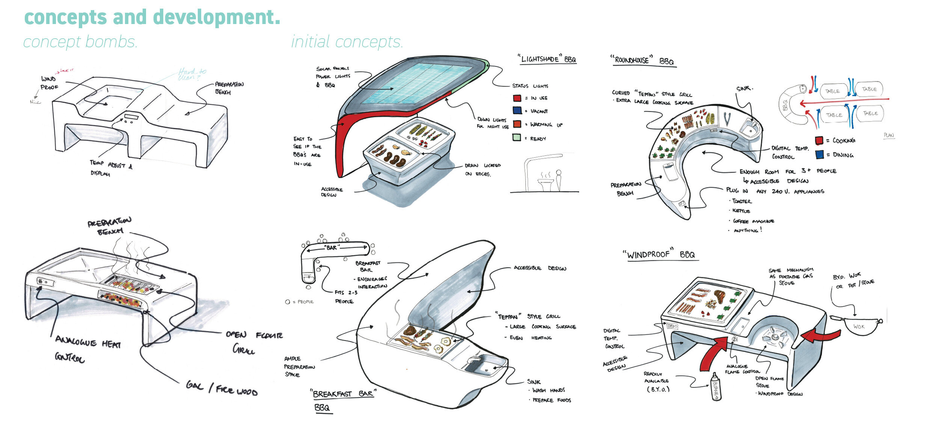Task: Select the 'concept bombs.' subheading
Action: (x=80, y=42)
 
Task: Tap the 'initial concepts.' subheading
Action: (x=347, y=42)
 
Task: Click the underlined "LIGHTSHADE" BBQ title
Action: (x=548, y=59)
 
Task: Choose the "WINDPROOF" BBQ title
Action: (x=661, y=255)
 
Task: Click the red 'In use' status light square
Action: (x=517, y=98)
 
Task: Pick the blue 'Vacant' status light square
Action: (x=517, y=110)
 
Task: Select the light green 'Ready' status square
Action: (x=517, y=138)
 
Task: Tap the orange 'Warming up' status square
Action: (x=517, y=124)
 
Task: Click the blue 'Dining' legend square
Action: (x=820, y=154)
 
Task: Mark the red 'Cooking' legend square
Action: (x=819, y=141)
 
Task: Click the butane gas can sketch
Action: (x=716, y=387)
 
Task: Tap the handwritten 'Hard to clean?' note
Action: (x=192, y=74)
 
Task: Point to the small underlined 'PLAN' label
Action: (x=889, y=135)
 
